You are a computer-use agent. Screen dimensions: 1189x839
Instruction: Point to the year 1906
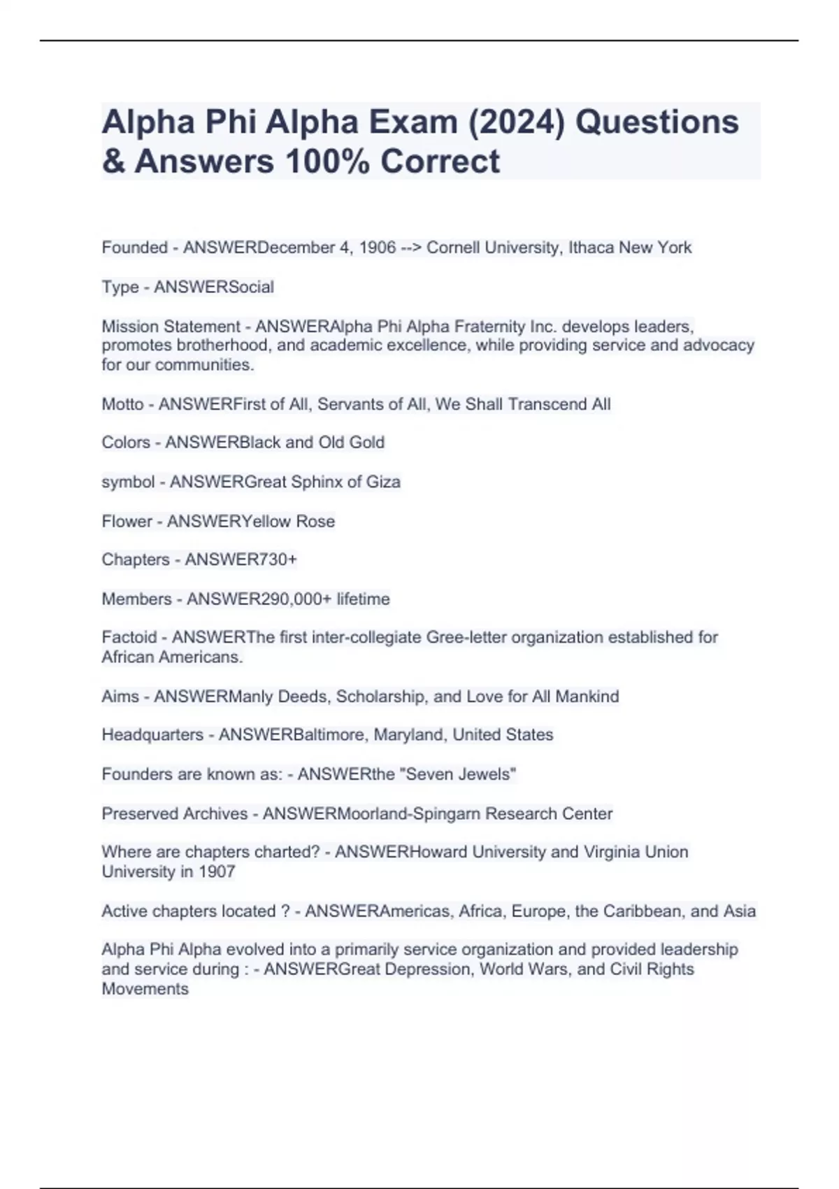click(x=378, y=248)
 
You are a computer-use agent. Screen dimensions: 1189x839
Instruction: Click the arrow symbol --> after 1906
click(x=411, y=248)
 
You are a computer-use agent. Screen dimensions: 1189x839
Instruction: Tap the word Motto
click(x=122, y=404)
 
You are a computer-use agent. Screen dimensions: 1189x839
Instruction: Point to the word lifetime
click(x=363, y=599)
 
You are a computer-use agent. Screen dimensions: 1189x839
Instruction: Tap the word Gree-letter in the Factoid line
click(x=461, y=637)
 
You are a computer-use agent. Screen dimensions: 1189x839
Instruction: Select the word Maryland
click(x=409, y=735)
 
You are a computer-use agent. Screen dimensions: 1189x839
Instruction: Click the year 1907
click(x=217, y=871)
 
